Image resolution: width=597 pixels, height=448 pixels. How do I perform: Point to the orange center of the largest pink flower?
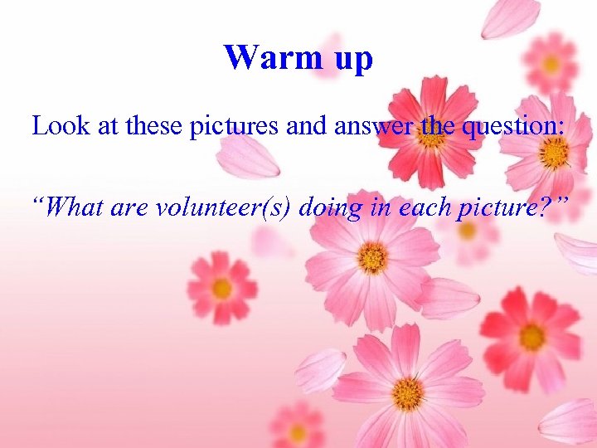[x=372, y=258]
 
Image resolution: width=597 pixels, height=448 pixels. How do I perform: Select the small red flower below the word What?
[x=221, y=288]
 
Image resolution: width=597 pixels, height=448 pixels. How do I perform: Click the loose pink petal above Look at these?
[x=248, y=157]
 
